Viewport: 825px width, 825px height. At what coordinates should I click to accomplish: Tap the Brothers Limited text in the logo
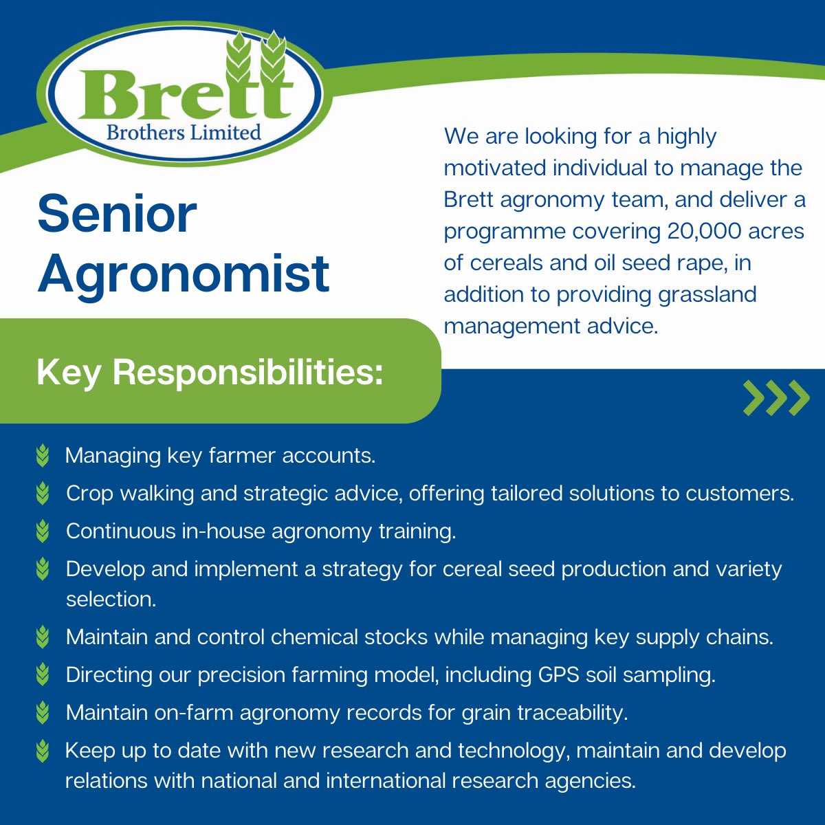tap(184, 132)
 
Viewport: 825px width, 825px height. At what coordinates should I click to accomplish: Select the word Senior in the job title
tap(117, 214)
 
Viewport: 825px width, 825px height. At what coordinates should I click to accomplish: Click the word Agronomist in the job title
tap(184, 273)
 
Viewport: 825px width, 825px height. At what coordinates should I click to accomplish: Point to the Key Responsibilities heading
tap(210, 373)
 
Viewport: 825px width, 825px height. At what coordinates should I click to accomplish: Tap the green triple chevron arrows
tap(776, 397)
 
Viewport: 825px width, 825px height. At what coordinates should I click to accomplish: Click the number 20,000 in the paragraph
tap(704, 231)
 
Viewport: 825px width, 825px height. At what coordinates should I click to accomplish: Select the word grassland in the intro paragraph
tap(707, 294)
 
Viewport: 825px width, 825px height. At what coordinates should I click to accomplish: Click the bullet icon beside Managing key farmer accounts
tap(43, 456)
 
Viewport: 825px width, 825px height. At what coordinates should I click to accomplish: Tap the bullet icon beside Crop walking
tap(43, 494)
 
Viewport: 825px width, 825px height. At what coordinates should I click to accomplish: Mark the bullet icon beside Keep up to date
tap(43, 750)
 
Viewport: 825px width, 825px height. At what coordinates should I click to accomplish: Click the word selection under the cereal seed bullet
tap(111, 599)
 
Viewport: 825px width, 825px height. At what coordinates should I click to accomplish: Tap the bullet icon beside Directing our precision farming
tap(43, 674)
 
